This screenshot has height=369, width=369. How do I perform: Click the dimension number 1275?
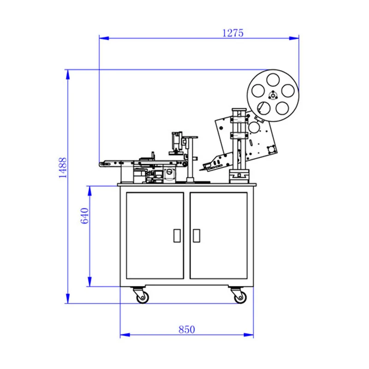(x=232, y=33)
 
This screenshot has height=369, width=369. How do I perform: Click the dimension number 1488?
(x=63, y=167)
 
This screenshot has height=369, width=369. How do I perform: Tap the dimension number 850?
(x=187, y=329)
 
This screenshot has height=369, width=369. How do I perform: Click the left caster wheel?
(x=142, y=297)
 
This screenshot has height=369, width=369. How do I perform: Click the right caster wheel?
(x=239, y=297)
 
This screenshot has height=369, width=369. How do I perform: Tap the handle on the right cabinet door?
(x=196, y=236)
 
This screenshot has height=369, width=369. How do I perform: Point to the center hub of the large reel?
(x=272, y=95)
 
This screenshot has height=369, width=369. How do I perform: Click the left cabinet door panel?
(x=155, y=236)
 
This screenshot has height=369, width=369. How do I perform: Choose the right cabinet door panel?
(x=219, y=236)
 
